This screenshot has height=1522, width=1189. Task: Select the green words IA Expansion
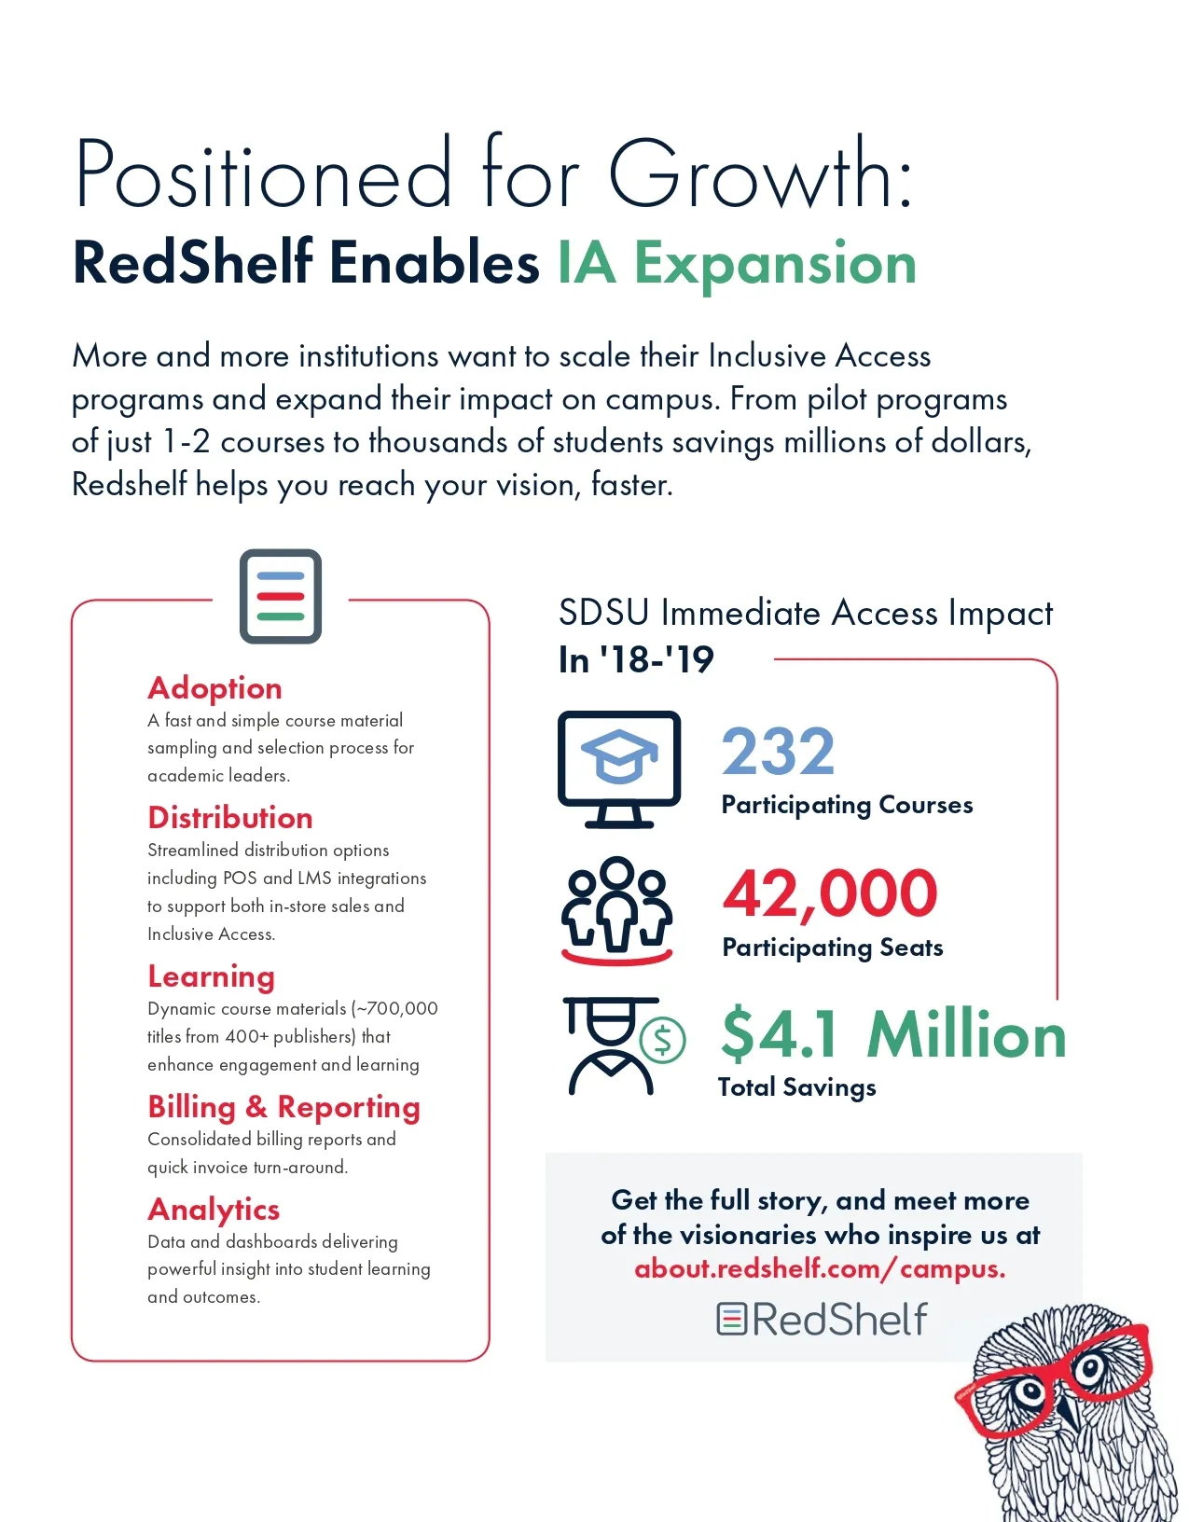[x=737, y=263]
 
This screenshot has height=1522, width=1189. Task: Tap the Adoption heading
[x=214, y=688]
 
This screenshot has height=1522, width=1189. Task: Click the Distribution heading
[x=230, y=818]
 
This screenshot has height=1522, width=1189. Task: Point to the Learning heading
[x=211, y=976]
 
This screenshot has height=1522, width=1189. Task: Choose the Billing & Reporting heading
[x=283, y=1107]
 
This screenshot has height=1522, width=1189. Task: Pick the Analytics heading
[x=214, y=1210]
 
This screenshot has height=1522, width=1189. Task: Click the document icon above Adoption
[x=281, y=597]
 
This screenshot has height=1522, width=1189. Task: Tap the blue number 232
[x=778, y=752]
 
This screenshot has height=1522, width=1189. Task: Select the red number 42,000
[x=829, y=893]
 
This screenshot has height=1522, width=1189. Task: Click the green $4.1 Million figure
[x=893, y=1035]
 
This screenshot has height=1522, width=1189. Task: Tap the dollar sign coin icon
[x=663, y=1039]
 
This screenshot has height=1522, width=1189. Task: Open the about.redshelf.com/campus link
[x=819, y=1269]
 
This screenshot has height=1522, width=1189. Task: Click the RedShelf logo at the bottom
[x=822, y=1320]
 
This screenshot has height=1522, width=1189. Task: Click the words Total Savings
[x=797, y=1087]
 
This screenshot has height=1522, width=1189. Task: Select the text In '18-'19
[x=636, y=660]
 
